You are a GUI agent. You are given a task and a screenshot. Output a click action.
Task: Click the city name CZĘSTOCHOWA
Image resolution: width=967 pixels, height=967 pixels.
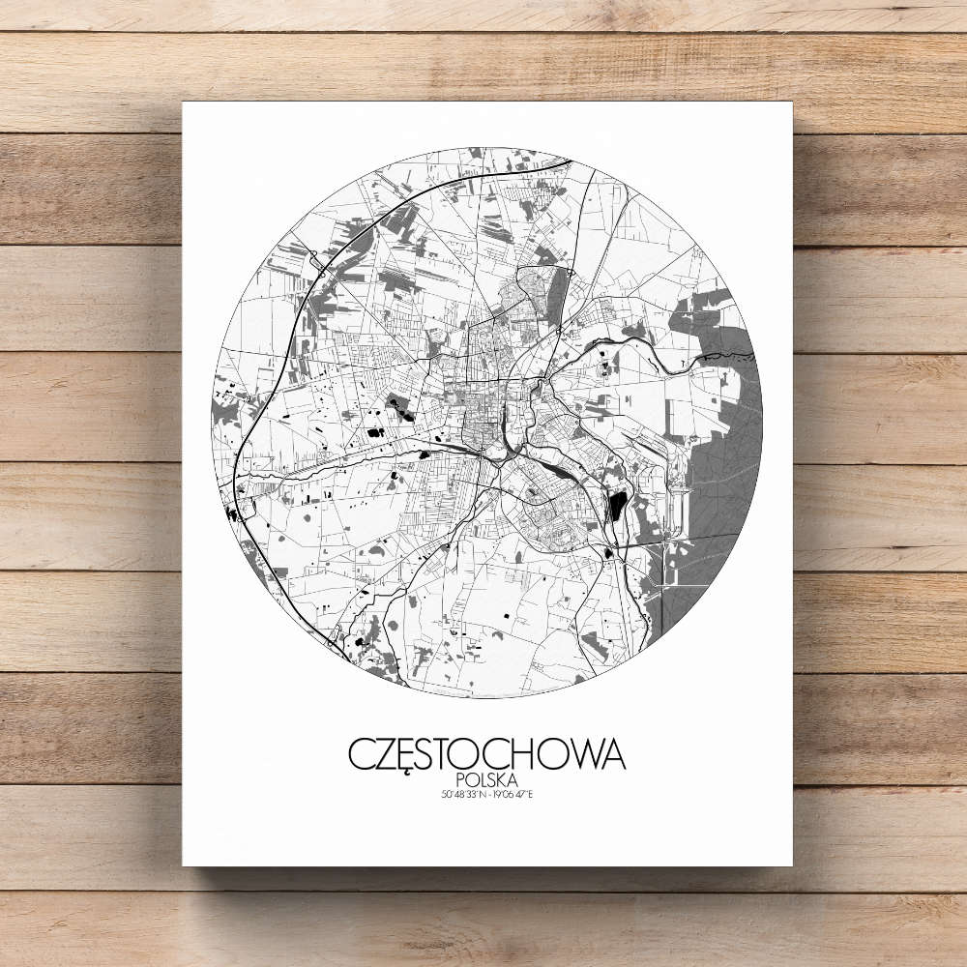point(486,754)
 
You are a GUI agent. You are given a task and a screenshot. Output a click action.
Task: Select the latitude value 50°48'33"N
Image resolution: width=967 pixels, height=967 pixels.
point(461,795)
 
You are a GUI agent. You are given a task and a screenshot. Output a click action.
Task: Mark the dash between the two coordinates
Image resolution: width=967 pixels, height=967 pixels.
point(487,795)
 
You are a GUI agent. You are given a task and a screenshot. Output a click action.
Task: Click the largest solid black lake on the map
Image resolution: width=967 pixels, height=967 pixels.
point(616,506)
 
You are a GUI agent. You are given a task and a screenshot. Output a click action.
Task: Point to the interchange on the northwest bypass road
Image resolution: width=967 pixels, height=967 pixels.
point(315,259)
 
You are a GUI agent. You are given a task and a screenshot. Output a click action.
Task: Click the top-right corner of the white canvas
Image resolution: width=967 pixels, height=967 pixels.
point(791,103)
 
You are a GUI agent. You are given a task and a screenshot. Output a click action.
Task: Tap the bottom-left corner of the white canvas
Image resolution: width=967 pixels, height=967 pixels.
point(184,864)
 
